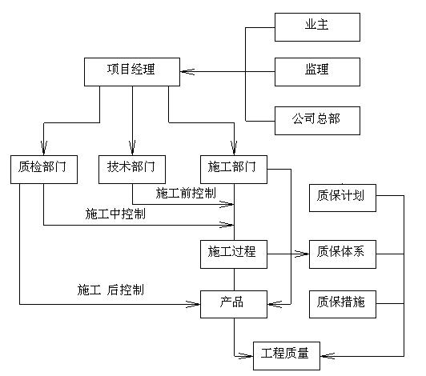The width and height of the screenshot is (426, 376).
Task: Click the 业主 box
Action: click(317, 27)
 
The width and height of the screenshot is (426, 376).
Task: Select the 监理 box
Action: click(317, 72)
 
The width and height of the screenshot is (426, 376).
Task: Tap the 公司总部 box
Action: click(317, 121)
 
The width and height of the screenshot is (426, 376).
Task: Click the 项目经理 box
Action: click(132, 72)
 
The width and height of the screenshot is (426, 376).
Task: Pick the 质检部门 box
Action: click(44, 170)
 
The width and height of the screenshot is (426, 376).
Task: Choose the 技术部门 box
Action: click(132, 170)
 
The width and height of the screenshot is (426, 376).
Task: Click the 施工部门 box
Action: click(234, 170)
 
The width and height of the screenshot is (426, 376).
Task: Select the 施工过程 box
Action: click(234, 254)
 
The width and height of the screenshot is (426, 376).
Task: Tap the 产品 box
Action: click(234, 304)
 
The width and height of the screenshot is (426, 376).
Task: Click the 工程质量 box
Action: click(287, 356)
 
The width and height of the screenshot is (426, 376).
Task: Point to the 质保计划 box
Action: click(343, 198)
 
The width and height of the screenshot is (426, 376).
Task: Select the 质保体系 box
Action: click(343, 254)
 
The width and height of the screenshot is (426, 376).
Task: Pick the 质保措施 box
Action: click(343, 304)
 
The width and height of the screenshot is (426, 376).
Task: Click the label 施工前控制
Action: click(186, 193)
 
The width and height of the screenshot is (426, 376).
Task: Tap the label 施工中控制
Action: click(115, 214)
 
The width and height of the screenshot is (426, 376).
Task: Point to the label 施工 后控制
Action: click(111, 290)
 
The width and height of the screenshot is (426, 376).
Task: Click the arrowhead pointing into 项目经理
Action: click(187, 72)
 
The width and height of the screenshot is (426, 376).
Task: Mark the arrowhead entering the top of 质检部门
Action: click(44, 148)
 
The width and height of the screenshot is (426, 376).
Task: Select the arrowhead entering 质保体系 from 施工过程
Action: click(302, 254)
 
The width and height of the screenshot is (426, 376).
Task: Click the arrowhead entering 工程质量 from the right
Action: click(328, 356)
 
